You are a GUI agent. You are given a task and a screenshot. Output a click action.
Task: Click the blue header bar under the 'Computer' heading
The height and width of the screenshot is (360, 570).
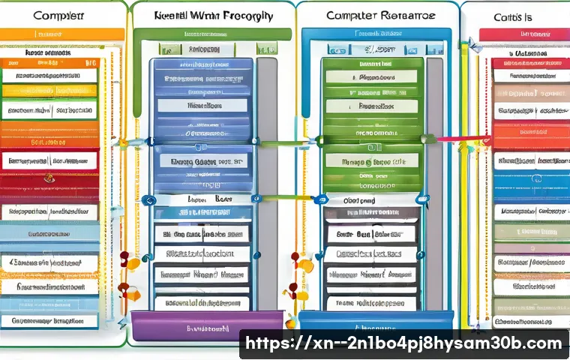click(x=375, y=34)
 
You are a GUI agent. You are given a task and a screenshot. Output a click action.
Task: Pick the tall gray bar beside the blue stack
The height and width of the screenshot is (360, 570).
click(x=267, y=180)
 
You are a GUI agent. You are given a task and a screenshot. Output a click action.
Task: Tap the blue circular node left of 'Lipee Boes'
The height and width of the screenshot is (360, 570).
click(x=148, y=200)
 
